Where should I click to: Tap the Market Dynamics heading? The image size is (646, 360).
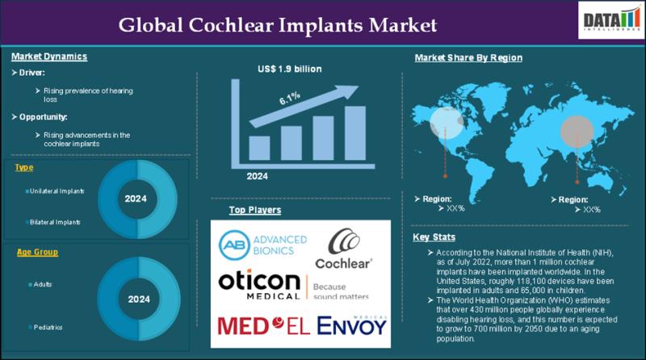point(49,57)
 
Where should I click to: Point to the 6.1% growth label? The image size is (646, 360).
point(289,99)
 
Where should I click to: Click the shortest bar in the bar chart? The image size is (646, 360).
point(259,148)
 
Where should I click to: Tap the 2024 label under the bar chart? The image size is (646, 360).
point(258,176)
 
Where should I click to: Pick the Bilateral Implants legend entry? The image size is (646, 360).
point(54,220)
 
